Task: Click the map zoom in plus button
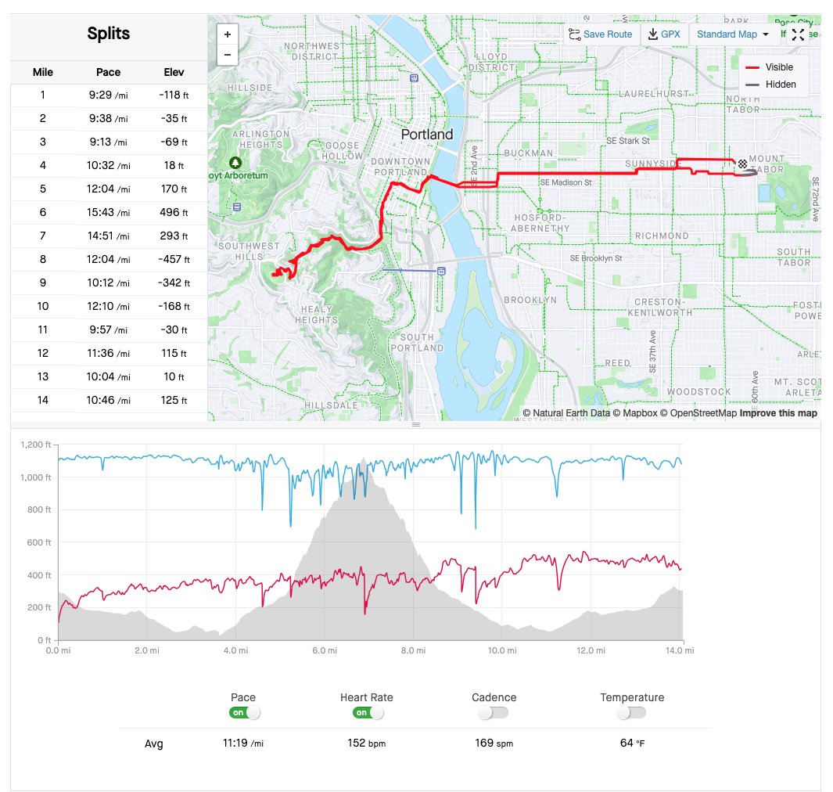(x=227, y=34)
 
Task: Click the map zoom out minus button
(x=227, y=55)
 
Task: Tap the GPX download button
(x=663, y=34)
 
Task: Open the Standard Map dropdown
(x=732, y=34)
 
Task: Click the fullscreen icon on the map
(x=798, y=34)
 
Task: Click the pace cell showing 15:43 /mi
(x=108, y=213)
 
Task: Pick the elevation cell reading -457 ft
(x=174, y=260)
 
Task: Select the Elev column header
(x=174, y=72)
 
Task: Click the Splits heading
(x=109, y=34)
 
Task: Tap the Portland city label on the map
(x=426, y=135)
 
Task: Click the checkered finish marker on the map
(x=742, y=164)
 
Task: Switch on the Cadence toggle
(x=494, y=713)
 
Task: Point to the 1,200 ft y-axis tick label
(x=37, y=445)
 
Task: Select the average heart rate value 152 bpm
(x=366, y=743)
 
